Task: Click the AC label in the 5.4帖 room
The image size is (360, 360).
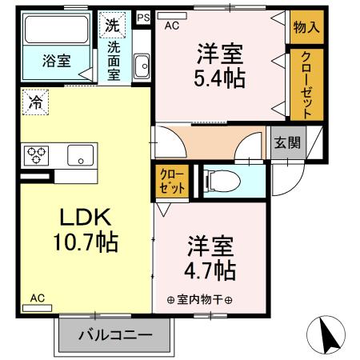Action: point(172,26)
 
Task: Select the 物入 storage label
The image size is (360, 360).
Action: point(306,26)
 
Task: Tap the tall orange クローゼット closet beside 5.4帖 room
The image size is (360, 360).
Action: point(307,82)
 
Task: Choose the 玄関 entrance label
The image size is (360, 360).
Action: point(288,143)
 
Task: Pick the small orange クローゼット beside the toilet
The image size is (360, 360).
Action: point(171,182)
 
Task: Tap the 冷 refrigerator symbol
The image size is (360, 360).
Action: point(35,101)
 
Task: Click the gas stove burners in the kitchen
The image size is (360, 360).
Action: point(37,153)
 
